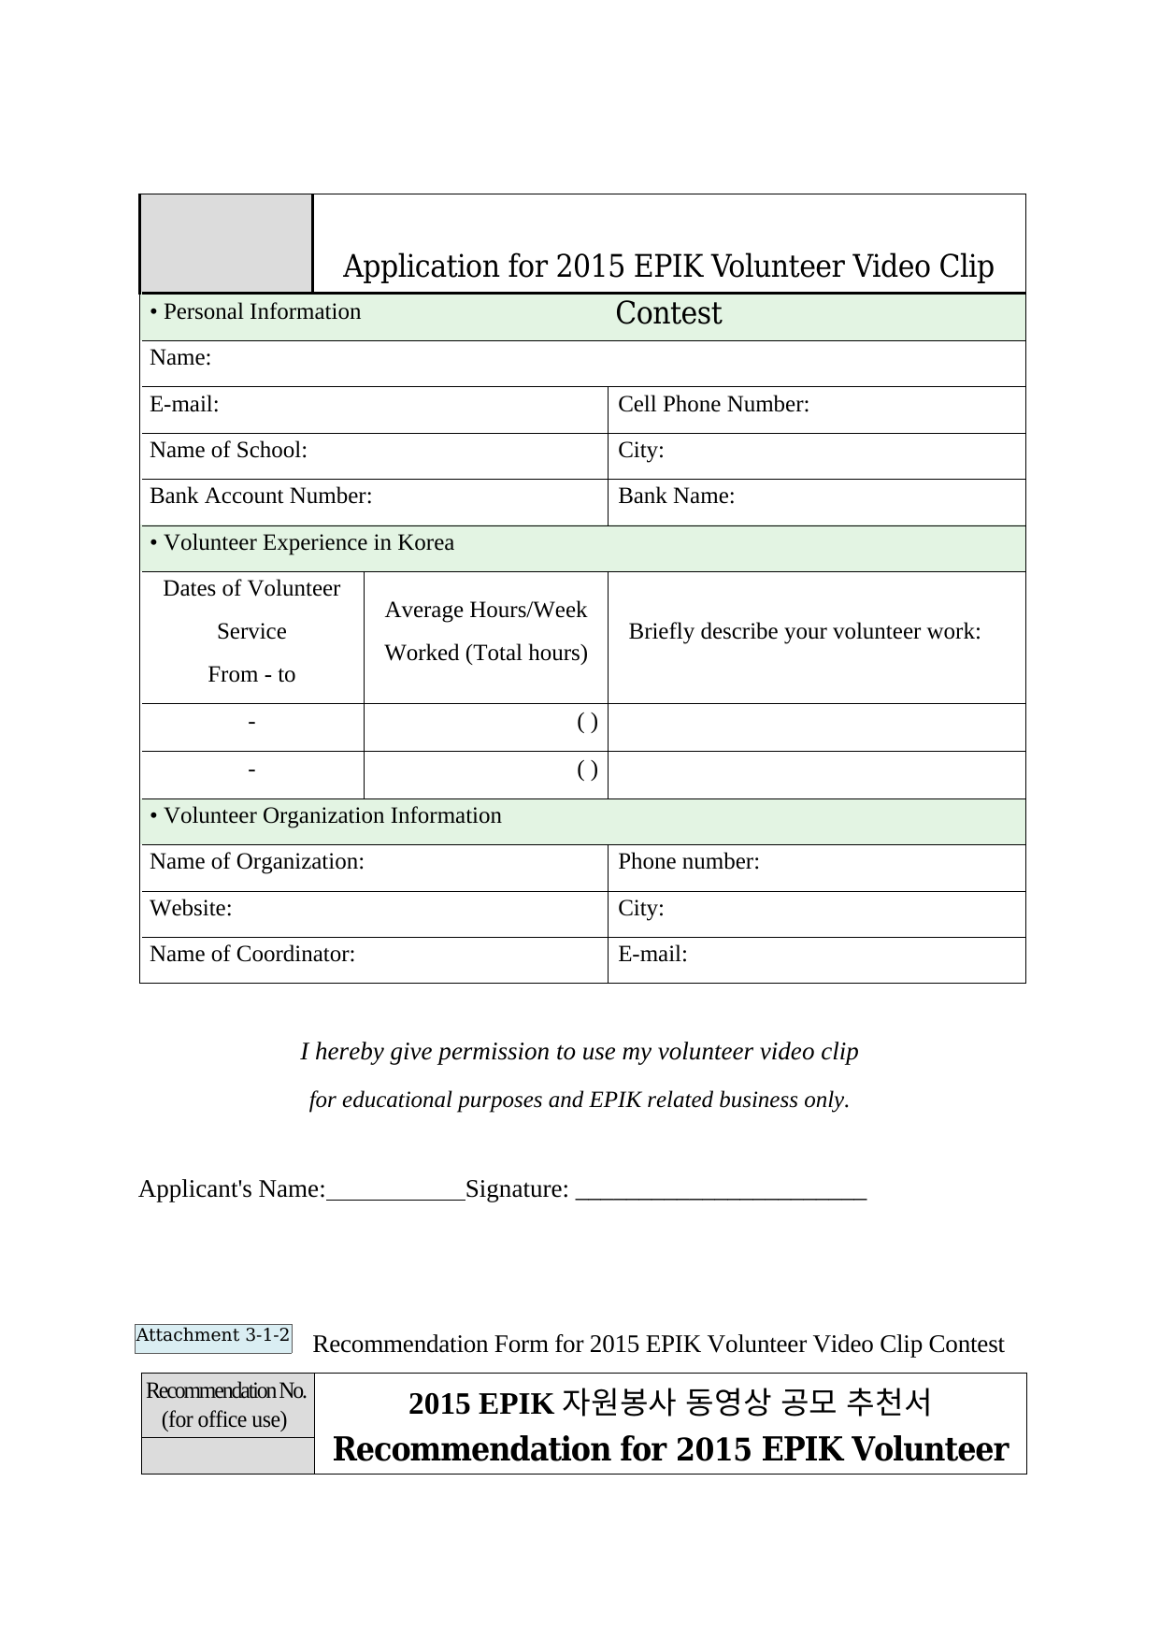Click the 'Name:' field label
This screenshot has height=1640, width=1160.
pyautogui.click(x=180, y=358)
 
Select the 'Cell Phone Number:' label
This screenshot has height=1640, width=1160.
pyautogui.click(x=713, y=405)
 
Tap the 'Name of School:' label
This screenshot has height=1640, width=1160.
pyautogui.click(x=228, y=451)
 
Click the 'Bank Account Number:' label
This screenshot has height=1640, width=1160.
pyautogui.click(x=261, y=496)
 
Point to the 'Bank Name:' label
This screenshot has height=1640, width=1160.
pyautogui.click(x=676, y=496)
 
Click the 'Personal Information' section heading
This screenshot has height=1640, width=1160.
pyautogui.click(x=255, y=312)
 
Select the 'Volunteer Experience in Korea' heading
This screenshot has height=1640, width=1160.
pyautogui.click(x=302, y=543)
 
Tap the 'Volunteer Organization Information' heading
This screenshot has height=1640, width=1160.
pyautogui.click(x=325, y=816)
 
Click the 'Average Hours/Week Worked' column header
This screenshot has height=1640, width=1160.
pyautogui.click(x=486, y=632)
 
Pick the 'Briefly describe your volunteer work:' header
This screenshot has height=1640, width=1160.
pyautogui.click(x=805, y=632)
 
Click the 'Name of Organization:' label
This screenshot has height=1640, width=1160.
pyautogui.click(x=257, y=862)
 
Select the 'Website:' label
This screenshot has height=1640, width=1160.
pyautogui.click(x=191, y=909)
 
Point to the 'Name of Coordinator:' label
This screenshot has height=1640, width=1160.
pyautogui.click(x=252, y=955)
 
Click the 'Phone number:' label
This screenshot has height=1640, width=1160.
pyautogui.click(x=689, y=862)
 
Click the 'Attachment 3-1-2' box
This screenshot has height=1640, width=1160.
pyautogui.click(x=213, y=1336)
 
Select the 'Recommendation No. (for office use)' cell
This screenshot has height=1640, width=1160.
pyautogui.click(x=227, y=1405)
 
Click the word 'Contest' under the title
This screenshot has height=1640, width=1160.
pyautogui.click(x=668, y=314)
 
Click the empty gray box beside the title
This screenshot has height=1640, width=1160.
pyautogui.click(x=226, y=244)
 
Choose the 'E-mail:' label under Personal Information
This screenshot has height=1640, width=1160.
pyautogui.click(x=184, y=405)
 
